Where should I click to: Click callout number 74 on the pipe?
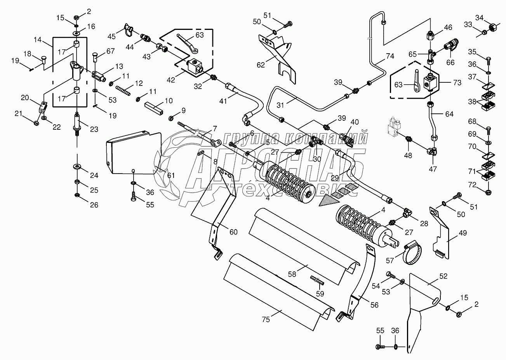pos(390,56)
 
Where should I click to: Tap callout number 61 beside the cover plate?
pos(171,176)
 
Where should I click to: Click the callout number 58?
pos(292,274)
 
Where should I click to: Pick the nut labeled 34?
pos(492,28)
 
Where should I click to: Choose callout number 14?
pos(37,39)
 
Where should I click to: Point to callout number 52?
pos(443,276)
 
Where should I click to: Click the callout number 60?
pos(233,232)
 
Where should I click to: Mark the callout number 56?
pos(374,305)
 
